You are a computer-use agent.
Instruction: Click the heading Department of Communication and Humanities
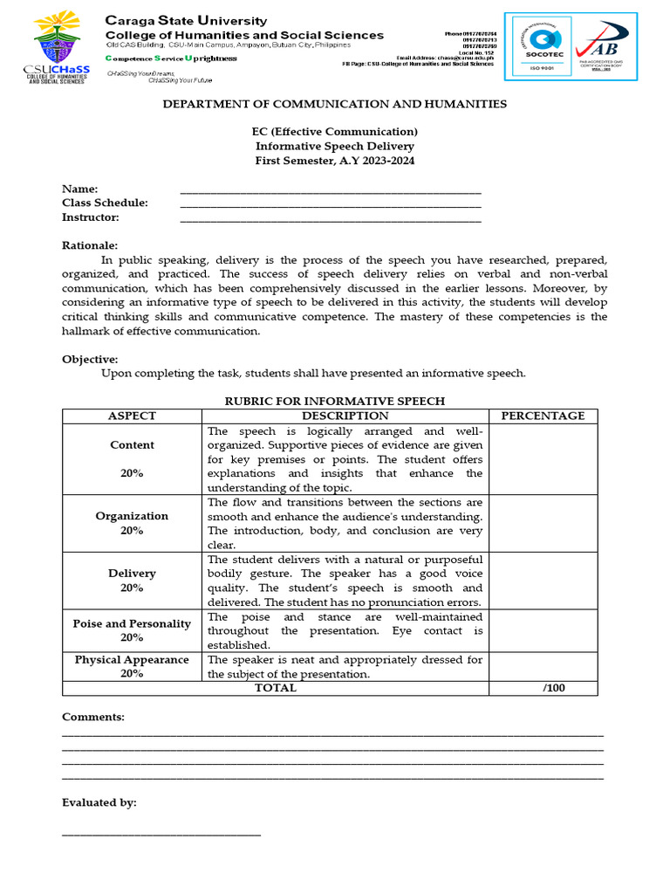336,104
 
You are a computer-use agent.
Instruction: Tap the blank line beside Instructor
330,219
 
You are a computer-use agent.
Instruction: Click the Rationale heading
90,245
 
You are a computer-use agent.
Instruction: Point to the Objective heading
90,359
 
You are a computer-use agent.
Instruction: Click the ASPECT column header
132,416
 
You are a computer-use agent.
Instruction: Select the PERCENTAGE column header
543,416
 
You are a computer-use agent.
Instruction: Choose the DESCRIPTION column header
345,416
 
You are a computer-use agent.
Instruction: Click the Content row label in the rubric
132,445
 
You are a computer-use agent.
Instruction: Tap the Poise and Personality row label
132,624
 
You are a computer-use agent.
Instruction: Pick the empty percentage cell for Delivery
543,581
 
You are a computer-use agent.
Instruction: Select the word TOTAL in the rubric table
275,688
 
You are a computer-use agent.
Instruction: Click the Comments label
93,717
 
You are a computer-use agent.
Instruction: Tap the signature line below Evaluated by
161,835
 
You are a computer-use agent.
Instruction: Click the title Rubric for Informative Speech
336,401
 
